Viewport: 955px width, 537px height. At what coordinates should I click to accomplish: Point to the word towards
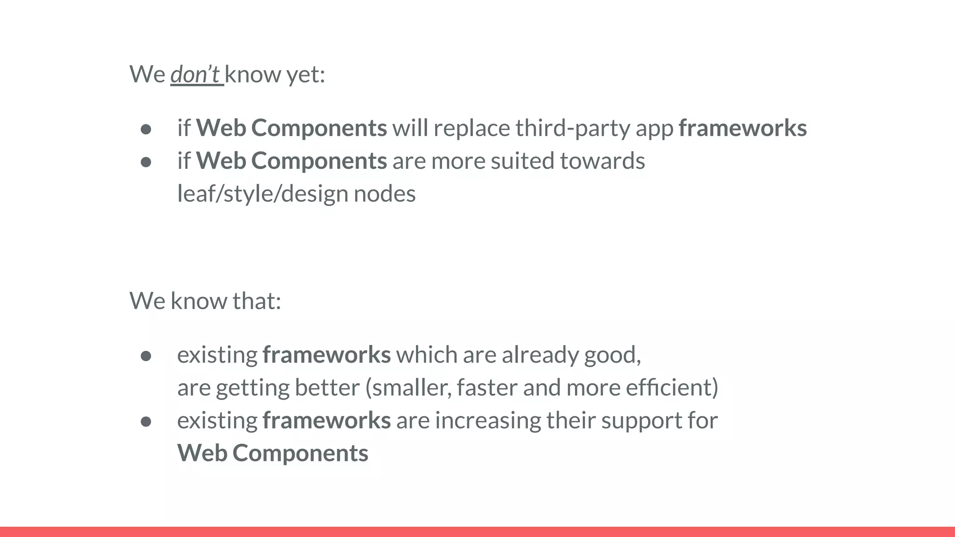[602, 161]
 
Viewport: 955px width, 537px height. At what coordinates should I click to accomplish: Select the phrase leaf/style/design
[263, 194]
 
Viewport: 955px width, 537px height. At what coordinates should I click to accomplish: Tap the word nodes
[384, 194]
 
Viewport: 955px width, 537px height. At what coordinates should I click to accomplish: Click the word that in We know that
[256, 301]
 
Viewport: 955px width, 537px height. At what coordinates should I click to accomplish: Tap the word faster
[487, 388]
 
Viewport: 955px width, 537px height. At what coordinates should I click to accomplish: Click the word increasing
[488, 420]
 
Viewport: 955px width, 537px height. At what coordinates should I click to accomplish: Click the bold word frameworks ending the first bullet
[742, 128]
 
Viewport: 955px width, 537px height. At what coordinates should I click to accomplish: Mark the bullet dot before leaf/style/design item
[146, 162]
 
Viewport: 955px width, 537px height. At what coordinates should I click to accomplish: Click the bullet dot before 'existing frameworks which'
[146, 356]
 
